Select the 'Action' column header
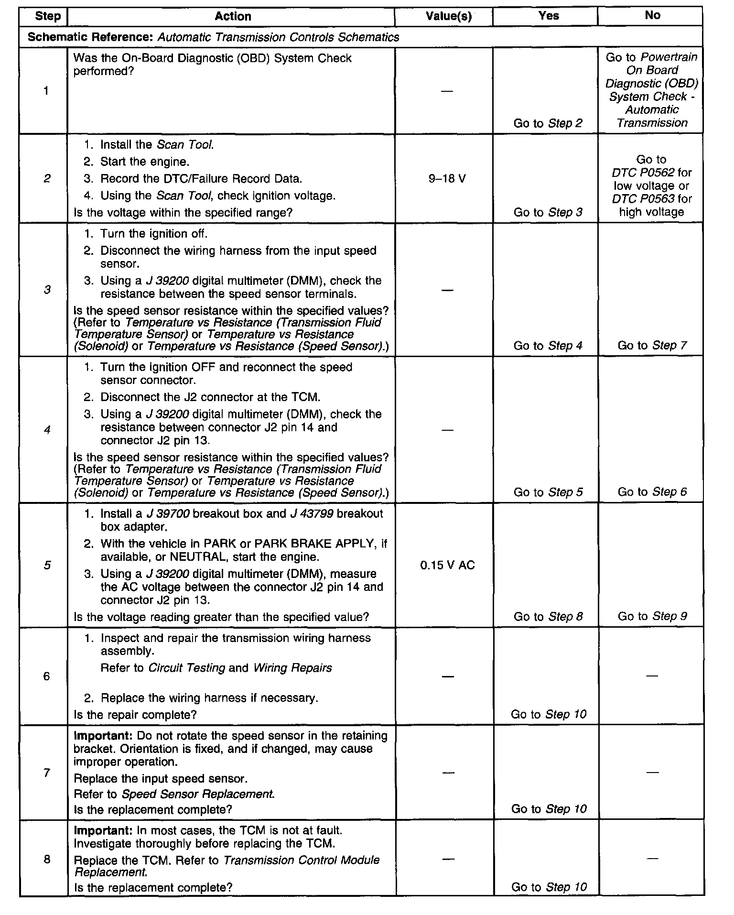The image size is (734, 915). (x=233, y=16)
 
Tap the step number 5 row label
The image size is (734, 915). (x=47, y=566)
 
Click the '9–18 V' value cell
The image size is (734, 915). (x=447, y=179)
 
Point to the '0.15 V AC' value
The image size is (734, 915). (x=447, y=566)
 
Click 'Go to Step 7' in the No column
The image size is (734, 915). (x=652, y=345)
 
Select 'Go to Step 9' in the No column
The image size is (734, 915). (x=652, y=616)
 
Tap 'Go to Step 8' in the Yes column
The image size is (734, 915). (x=548, y=616)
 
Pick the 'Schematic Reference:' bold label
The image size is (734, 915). (x=91, y=37)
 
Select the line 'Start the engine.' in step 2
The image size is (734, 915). (x=145, y=162)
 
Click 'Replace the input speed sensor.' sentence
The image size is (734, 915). (x=161, y=779)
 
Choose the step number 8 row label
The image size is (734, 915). (x=47, y=859)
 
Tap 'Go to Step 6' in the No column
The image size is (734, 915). (x=652, y=492)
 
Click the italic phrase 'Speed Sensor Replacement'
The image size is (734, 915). (x=198, y=794)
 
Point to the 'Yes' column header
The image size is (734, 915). (x=548, y=16)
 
